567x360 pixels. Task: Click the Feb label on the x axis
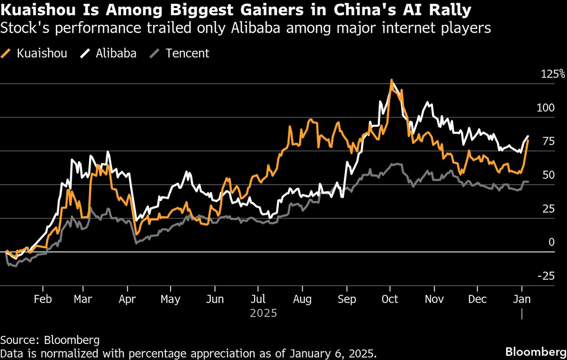pos(43,300)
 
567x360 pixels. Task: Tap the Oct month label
pos(390,300)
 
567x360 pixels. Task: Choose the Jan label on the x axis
pos(522,300)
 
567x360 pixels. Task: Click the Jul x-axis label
pos(258,300)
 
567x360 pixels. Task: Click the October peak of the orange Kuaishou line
pos(391,80)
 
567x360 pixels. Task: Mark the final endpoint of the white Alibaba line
pos(528,136)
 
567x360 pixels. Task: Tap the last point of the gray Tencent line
pos(528,181)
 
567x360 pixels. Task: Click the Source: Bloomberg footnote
pos(50,340)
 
